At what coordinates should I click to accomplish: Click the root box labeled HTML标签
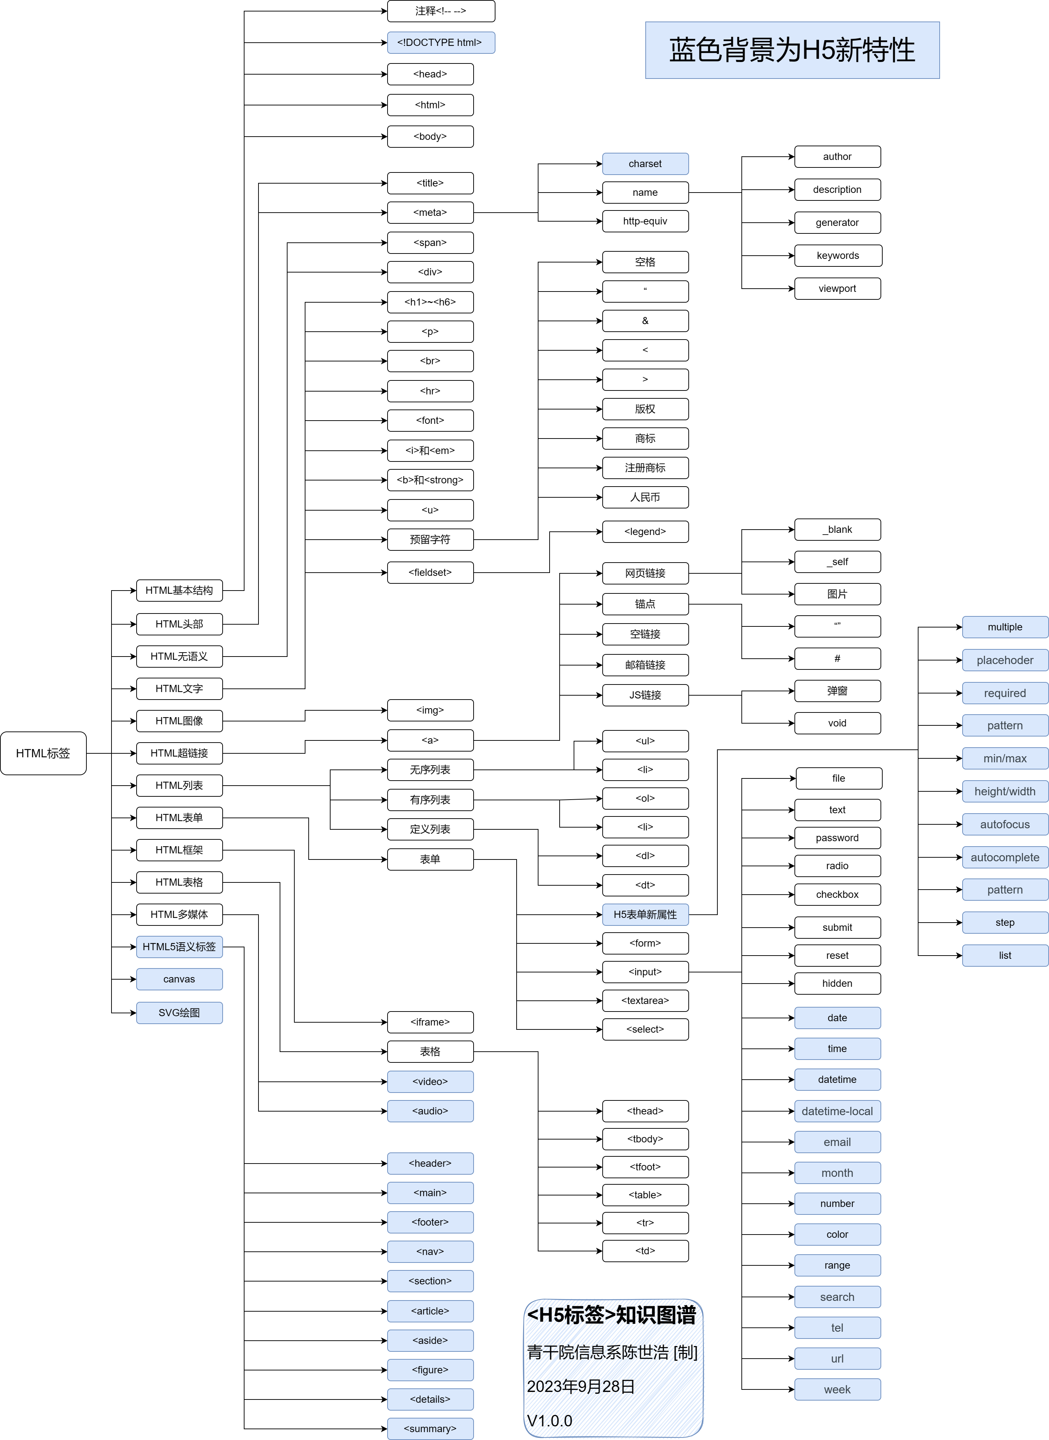(x=43, y=753)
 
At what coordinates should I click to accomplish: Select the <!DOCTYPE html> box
(x=441, y=43)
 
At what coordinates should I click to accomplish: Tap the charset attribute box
(x=645, y=164)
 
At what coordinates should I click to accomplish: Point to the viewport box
(x=837, y=288)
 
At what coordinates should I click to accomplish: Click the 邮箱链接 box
(x=645, y=665)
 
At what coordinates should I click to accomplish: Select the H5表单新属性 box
(x=645, y=914)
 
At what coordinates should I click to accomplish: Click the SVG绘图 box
(x=179, y=1013)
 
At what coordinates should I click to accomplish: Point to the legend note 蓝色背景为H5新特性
(x=792, y=50)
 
